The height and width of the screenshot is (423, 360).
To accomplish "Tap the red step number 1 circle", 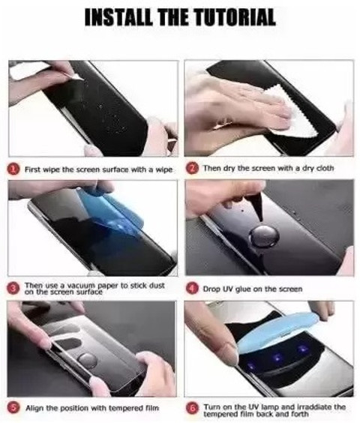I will click(14, 169).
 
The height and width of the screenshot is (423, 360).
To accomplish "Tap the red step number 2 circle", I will click(193, 169).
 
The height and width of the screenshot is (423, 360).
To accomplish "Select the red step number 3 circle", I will click(14, 288).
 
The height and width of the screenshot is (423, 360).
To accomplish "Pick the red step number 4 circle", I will click(193, 288).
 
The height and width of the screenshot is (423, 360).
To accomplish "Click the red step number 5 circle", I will click(14, 409).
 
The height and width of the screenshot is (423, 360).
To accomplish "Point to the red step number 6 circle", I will click(193, 409).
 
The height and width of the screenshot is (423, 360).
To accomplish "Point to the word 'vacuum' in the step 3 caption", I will click(77, 285).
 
